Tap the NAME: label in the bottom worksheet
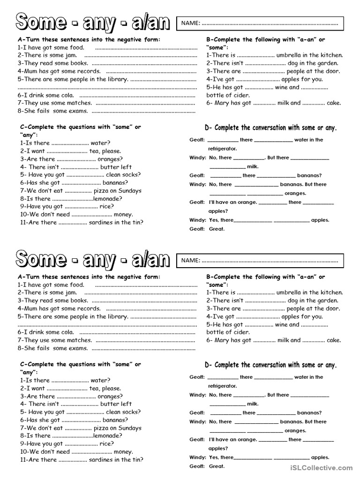(191, 260)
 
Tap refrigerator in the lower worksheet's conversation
(223, 386)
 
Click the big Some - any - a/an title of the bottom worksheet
(93, 259)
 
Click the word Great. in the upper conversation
(217, 229)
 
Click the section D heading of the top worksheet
(270, 128)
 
